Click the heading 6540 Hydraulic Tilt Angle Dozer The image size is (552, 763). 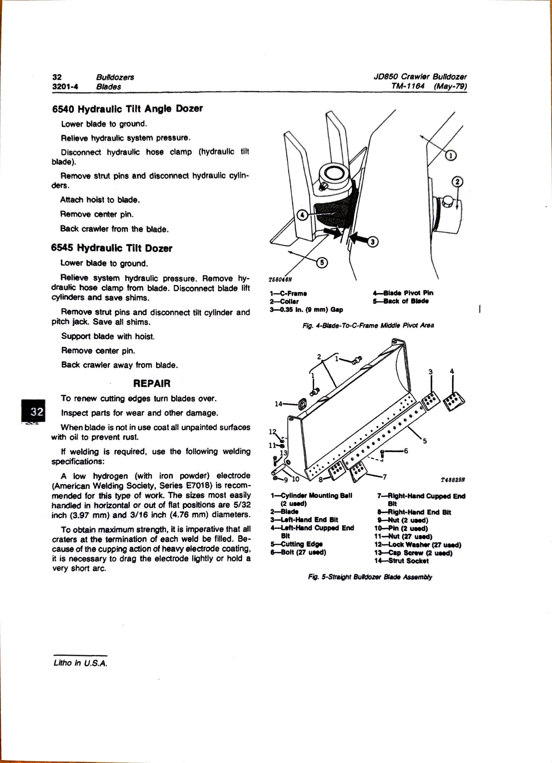pos(127,109)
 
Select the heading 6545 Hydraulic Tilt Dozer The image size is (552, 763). pos(112,248)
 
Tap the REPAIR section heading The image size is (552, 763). pos(152,383)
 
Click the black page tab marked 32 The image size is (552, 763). pos(33,411)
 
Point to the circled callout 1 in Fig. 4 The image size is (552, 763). pos(451,156)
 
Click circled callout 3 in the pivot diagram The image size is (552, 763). pos(373,241)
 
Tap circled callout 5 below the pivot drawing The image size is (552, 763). pos(322,262)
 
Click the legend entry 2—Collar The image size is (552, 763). pos(284,301)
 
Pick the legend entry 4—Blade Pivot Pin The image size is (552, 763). pos(403,293)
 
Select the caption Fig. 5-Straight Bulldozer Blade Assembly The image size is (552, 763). pos(370,577)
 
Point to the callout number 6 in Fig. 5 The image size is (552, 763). pos(406,451)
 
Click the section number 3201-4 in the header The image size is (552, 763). pos(65,87)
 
